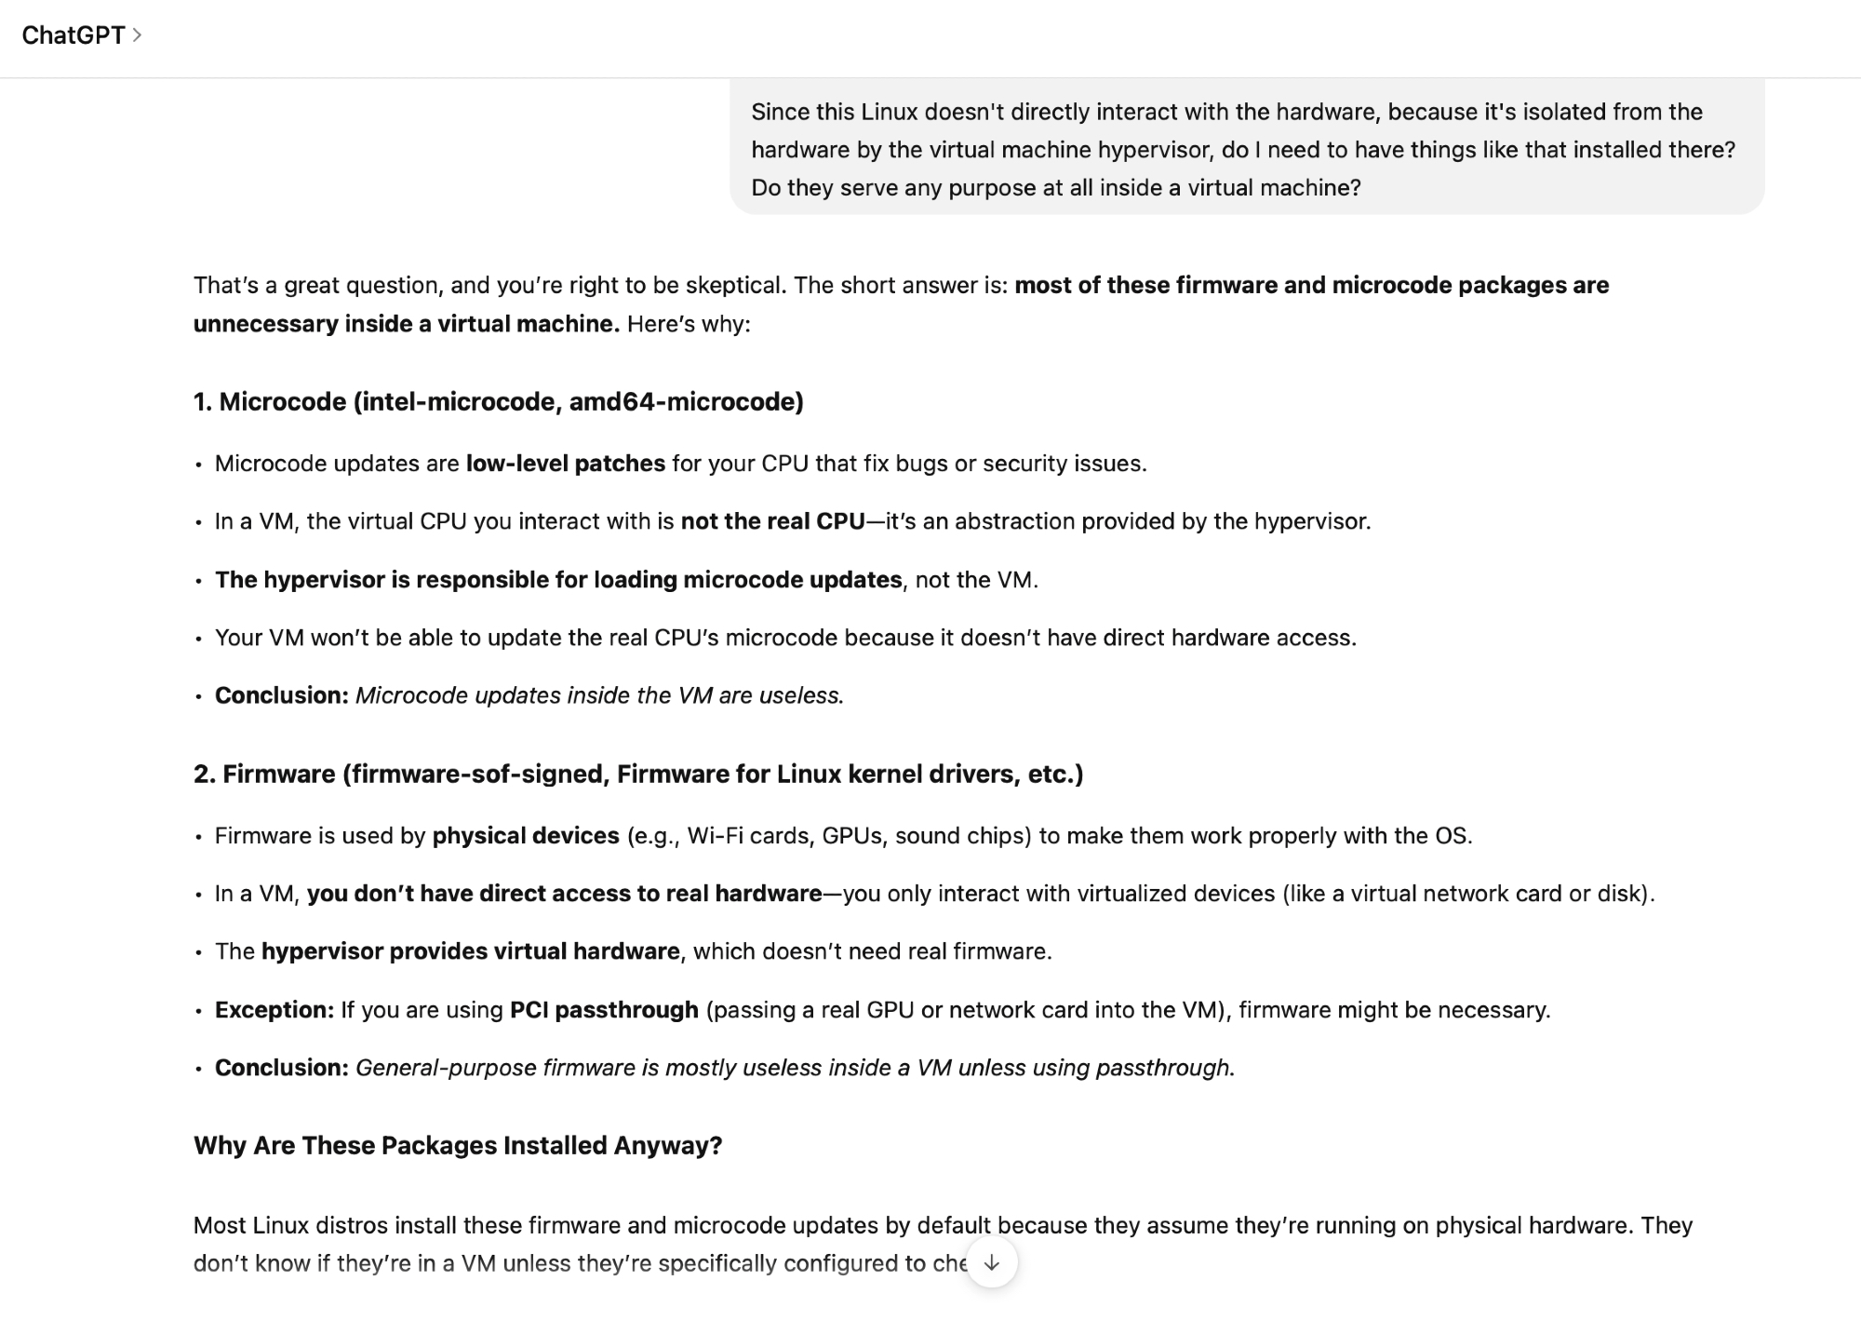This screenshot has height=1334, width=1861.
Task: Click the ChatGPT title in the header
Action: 73,35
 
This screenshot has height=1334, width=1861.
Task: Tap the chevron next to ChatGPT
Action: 137,35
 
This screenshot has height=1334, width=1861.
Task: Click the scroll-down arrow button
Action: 992,1262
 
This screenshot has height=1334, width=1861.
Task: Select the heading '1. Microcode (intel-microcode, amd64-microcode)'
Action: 498,401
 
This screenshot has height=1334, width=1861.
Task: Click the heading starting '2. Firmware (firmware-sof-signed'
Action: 637,774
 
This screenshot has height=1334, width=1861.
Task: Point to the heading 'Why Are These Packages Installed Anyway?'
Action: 457,1145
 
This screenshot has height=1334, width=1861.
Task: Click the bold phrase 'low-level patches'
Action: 565,464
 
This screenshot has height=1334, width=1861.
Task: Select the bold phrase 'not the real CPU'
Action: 772,521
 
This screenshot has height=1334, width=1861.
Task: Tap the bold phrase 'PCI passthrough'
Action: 604,1010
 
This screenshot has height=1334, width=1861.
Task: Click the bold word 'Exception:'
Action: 274,1010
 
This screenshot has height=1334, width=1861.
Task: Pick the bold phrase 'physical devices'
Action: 525,836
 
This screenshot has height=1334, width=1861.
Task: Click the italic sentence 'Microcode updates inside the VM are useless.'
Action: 599,695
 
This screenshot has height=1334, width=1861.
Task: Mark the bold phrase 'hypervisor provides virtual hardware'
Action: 470,951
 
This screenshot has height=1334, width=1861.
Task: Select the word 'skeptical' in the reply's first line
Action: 732,285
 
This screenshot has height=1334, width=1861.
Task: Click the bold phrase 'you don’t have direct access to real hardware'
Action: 564,894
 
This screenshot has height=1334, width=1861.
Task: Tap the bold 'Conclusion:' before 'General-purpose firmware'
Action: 281,1068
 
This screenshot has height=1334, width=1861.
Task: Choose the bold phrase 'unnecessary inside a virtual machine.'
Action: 406,324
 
